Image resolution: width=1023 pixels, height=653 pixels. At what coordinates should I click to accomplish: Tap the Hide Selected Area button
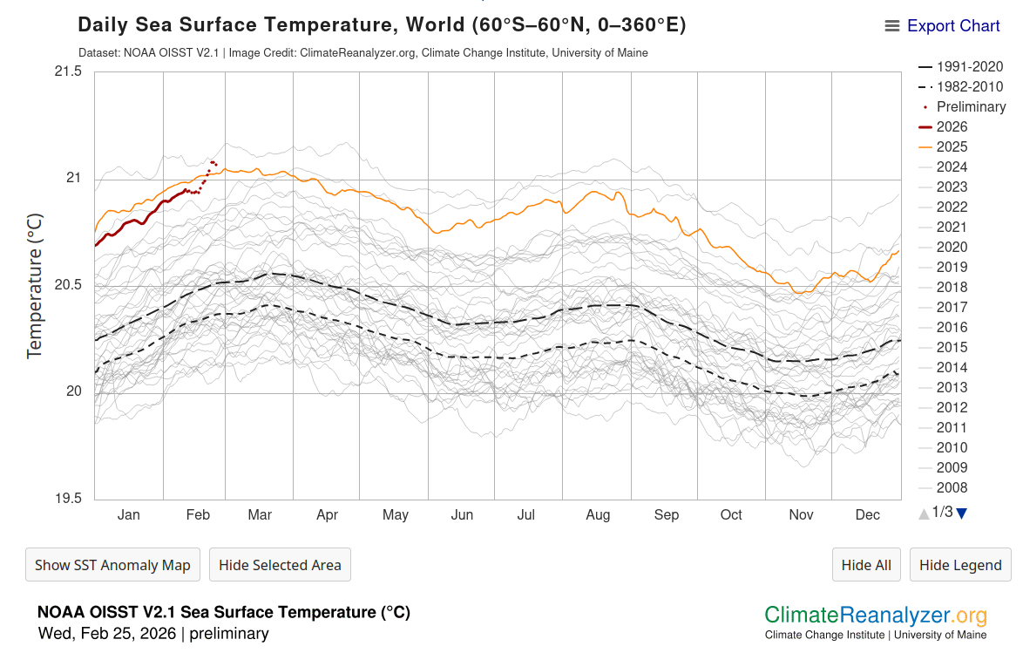[280, 565]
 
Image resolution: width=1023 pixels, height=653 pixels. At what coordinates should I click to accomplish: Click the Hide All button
[866, 565]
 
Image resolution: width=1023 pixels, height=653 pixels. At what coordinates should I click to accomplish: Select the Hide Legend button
[960, 565]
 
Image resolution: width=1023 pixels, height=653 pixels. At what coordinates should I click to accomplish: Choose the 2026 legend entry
[952, 126]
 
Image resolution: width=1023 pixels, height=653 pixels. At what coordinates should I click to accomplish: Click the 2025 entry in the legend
[952, 146]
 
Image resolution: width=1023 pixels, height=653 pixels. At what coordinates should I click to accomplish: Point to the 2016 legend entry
[952, 327]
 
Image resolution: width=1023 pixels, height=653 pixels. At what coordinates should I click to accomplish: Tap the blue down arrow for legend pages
[961, 514]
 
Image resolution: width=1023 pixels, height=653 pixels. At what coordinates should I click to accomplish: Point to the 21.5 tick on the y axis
[67, 71]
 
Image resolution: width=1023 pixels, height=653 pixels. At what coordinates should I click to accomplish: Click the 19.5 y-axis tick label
[67, 499]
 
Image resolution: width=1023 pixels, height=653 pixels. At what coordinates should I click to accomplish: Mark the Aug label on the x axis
[598, 515]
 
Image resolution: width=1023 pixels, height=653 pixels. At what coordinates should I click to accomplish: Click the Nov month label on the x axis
[801, 515]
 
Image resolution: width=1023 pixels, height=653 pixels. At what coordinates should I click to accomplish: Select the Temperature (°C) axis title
[35, 285]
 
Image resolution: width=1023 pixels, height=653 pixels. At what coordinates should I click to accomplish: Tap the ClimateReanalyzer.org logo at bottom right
[876, 616]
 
